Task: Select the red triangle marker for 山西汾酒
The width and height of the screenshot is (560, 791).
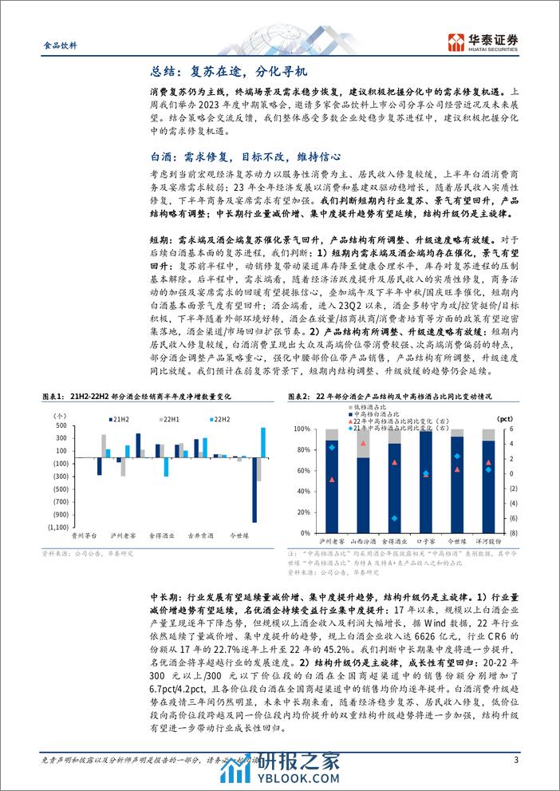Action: coord(363,443)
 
